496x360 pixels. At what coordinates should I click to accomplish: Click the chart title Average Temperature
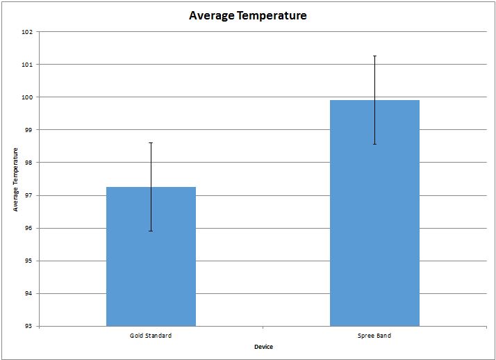point(247,15)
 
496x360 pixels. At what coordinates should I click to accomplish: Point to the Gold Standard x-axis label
point(151,336)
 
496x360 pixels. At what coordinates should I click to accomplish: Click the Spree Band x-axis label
point(374,336)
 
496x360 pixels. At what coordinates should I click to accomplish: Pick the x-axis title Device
point(263,346)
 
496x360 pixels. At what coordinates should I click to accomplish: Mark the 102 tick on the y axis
point(27,32)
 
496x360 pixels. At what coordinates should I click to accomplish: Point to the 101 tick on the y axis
point(27,65)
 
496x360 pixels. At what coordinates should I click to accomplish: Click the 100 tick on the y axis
point(27,97)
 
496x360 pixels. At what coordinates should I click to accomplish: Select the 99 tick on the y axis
point(28,130)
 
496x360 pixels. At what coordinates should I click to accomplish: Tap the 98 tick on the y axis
point(28,163)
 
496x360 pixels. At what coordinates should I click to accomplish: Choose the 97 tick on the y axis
point(28,195)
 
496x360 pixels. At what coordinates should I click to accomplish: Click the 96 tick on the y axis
point(28,228)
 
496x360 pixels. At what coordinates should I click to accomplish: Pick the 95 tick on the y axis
point(28,261)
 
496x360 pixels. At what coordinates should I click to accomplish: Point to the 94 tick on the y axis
point(28,293)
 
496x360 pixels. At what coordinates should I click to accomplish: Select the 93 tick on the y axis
point(28,326)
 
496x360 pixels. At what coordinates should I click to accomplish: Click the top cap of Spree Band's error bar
point(374,56)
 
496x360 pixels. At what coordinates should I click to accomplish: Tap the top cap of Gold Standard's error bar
point(151,142)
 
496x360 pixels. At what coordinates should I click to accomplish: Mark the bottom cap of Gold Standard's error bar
point(151,231)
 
